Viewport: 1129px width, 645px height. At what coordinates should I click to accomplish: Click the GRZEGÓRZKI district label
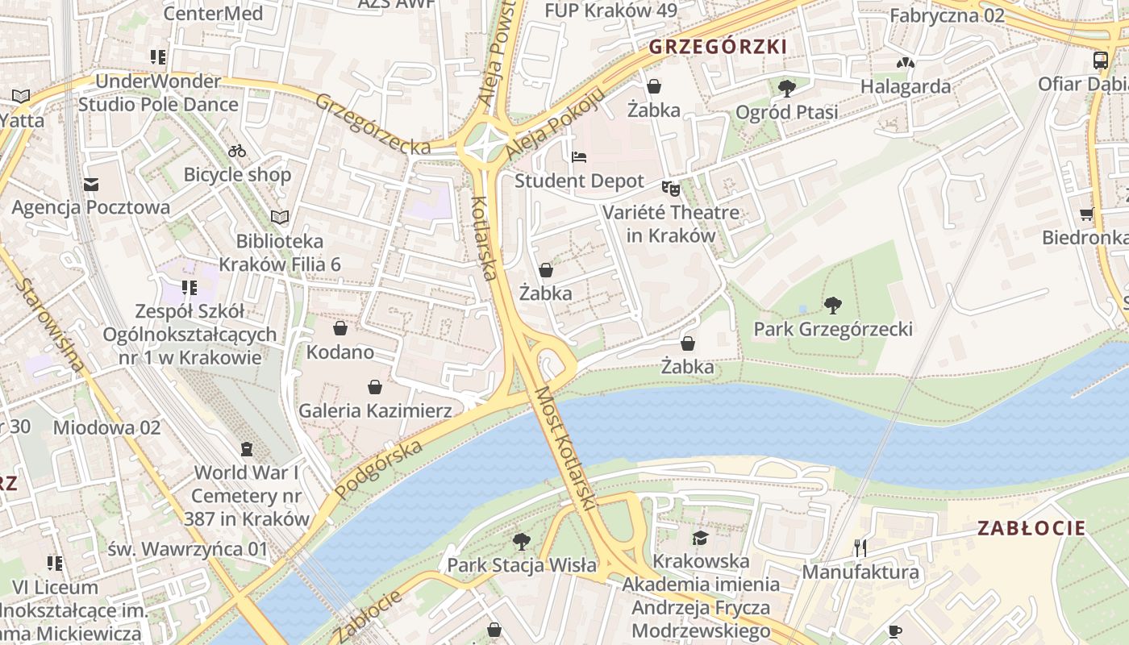(717, 47)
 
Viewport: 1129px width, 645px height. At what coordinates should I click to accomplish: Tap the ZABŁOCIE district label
(1031, 529)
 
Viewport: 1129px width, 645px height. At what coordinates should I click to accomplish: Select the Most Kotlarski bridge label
(564, 447)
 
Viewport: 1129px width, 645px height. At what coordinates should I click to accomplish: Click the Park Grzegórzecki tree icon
(832, 306)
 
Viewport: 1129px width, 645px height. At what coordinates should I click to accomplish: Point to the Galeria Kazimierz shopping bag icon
(375, 388)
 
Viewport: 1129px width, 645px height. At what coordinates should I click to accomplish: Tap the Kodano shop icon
(340, 328)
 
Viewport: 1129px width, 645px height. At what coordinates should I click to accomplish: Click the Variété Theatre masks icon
(671, 189)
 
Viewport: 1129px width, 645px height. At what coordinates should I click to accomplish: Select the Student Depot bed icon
(579, 157)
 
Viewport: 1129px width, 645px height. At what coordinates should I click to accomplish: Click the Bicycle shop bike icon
(236, 151)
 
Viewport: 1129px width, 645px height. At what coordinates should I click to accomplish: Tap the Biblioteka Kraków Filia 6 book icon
(279, 217)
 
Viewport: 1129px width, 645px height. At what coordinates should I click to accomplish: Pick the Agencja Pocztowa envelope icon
(91, 185)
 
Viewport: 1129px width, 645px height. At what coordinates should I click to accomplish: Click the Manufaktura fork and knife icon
(860, 548)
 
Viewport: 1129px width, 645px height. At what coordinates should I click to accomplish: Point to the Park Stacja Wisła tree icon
(522, 541)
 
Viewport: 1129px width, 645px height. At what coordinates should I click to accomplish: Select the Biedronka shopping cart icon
(1087, 214)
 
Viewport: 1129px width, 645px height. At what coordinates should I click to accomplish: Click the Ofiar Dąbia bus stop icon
(1100, 60)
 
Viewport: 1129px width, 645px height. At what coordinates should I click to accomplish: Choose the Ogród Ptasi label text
(786, 112)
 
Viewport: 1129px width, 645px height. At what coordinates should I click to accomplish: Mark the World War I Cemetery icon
(247, 448)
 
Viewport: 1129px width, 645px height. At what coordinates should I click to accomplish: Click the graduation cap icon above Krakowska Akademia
(699, 538)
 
